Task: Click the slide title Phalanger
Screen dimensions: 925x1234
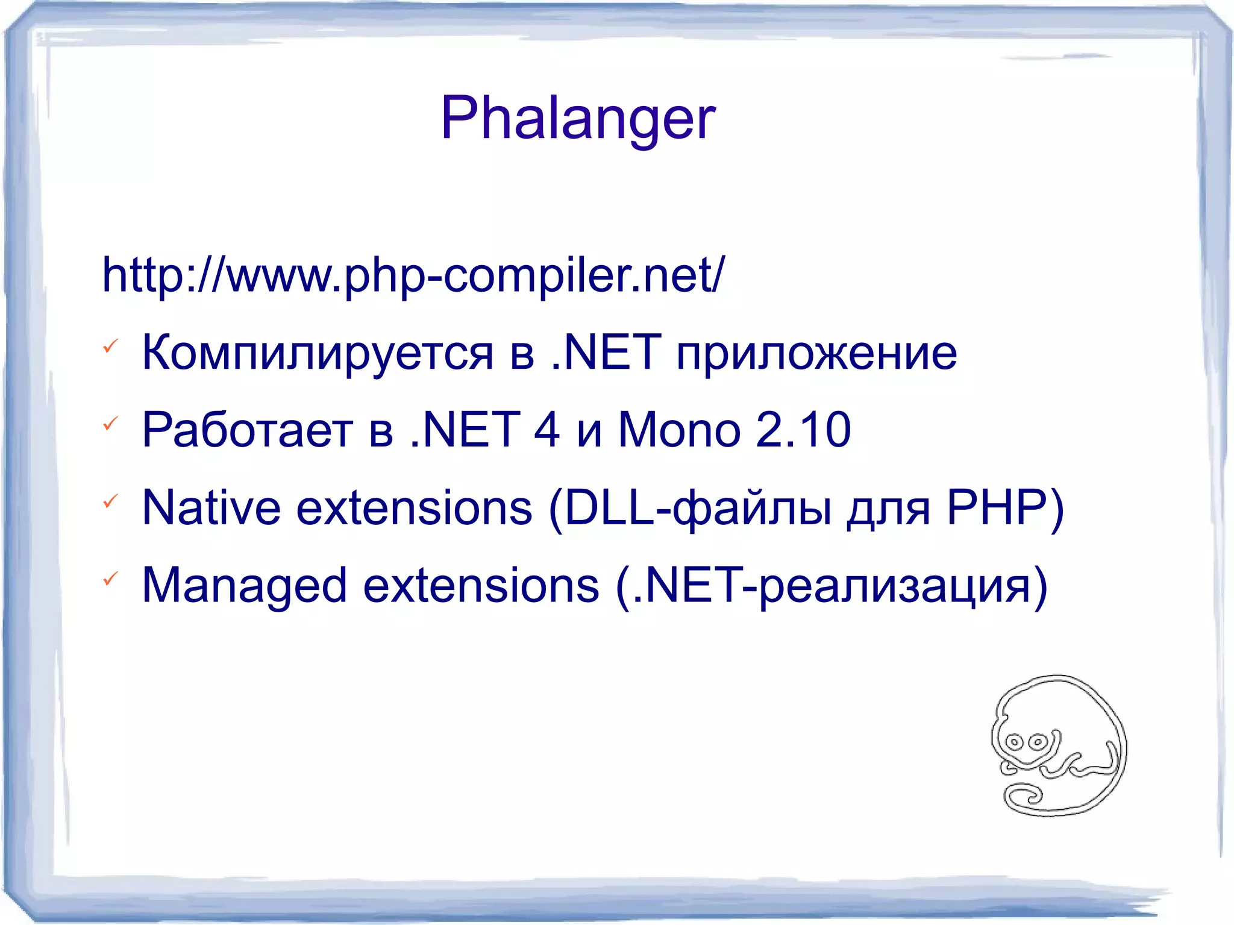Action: (x=578, y=119)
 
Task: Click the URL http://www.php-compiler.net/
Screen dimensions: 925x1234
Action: (x=413, y=275)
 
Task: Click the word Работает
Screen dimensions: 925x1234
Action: (x=247, y=430)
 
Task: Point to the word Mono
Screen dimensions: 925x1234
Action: (x=679, y=430)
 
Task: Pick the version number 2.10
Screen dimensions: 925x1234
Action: (x=803, y=430)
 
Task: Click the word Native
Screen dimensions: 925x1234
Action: (x=211, y=508)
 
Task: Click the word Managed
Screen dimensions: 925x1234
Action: (x=244, y=586)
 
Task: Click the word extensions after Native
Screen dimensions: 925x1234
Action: (x=415, y=508)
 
